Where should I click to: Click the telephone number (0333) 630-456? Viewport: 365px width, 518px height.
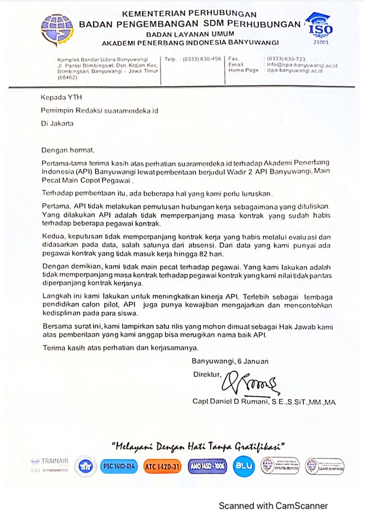point(202,59)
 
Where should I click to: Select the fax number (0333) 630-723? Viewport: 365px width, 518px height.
point(286,59)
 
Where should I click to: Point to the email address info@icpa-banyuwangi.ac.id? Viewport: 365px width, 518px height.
point(302,65)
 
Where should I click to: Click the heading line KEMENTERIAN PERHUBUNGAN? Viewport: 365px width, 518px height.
point(189,14)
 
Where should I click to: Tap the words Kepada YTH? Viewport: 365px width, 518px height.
point(61,98)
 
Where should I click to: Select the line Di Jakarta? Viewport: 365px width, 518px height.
point(57,124)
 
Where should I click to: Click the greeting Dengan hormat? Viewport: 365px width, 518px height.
point(68,150)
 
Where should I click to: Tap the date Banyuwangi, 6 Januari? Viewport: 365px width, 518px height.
point(230,361)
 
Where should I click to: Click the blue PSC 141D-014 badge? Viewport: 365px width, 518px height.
point(119,466)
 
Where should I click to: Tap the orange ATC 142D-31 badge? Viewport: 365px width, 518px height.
point(162,467)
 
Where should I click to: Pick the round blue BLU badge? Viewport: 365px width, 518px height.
point(244,466)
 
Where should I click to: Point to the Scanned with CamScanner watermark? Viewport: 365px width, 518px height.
point(273,506)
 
